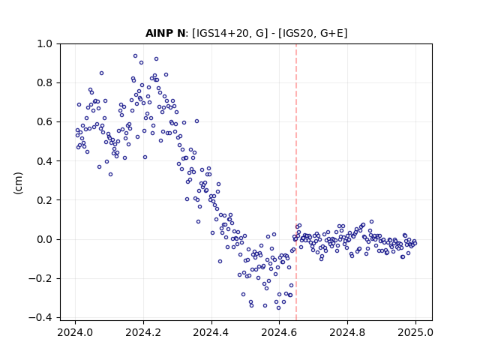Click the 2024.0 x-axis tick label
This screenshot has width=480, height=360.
[x=75, y=332]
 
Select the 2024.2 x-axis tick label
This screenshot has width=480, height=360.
[x=143, y=332]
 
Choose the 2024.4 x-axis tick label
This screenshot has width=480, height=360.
[x=211, y=332]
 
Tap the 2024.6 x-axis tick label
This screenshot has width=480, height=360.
[x=279, y=332]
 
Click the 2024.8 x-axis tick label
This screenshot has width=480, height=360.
[x=347, y=332]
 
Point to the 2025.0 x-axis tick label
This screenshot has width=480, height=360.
[x=415, y=332]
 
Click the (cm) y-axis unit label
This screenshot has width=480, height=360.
[x=18, y=183]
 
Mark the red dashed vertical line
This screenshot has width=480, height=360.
[x=296, y=182]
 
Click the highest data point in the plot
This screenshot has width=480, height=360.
[x=135, y=56]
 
